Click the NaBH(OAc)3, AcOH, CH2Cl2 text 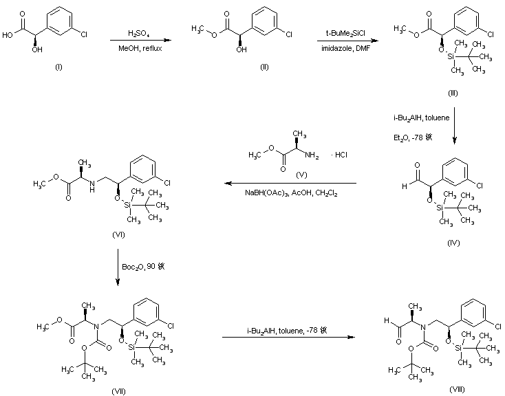290,195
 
